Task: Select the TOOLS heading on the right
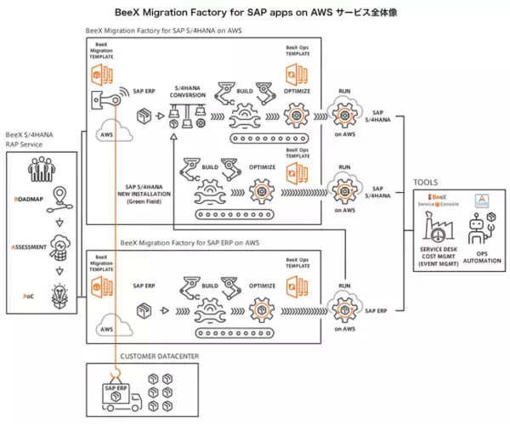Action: coord(426,182)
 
